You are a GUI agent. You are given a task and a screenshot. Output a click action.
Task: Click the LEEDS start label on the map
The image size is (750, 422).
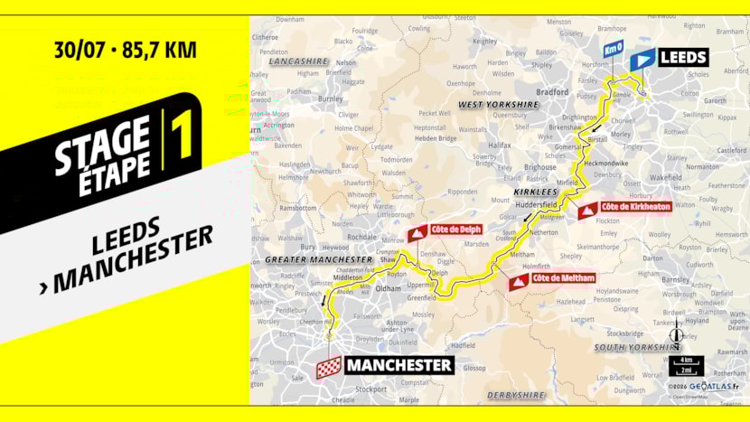[684, 58]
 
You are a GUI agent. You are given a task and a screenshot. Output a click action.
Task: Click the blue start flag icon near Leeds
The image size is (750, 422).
[642, 59]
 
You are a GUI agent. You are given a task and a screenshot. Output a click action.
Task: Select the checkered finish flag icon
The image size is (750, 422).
[330, 366]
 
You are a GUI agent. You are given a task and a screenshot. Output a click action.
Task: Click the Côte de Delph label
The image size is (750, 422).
[456, 230]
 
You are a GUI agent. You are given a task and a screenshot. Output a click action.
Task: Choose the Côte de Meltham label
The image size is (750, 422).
[563, 278]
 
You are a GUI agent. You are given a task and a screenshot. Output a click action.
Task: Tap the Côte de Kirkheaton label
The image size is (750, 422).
[626, 207]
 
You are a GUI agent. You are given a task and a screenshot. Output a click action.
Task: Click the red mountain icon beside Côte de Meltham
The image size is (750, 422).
[518, 282]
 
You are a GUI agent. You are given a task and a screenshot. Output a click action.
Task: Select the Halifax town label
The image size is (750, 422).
[500, 144]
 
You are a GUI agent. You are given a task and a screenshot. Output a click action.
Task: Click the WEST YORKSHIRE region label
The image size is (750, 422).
[499, 105]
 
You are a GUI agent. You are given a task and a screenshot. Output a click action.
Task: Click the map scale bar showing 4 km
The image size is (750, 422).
[686, 361]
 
